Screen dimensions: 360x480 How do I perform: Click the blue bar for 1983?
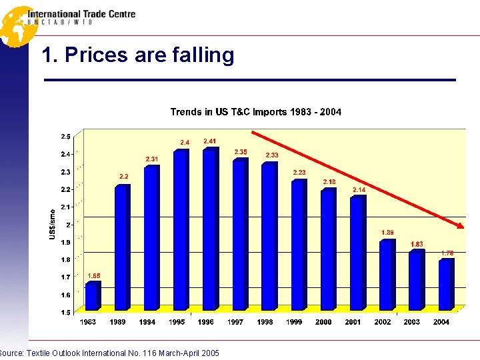(92, 296)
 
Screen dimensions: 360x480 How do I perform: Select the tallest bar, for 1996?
(210, 229)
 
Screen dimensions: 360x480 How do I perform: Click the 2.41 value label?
(210, 141)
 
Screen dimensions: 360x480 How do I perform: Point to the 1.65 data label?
(95, 275)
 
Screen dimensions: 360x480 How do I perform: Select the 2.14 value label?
(359, 190)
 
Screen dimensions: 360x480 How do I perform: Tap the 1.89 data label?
(387, 233)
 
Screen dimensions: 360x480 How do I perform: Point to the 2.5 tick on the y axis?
(66, 137)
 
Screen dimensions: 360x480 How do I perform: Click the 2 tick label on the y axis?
(68, 225)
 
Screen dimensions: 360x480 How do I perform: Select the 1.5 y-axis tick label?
(66, 312)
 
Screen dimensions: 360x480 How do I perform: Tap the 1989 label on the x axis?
(117, 322)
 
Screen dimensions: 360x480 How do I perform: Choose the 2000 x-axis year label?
(323, 322)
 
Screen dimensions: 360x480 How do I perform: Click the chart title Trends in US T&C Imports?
(255, 112)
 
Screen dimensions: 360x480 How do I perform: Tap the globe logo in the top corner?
(17, 26)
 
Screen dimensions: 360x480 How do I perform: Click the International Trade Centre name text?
(81, 13)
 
